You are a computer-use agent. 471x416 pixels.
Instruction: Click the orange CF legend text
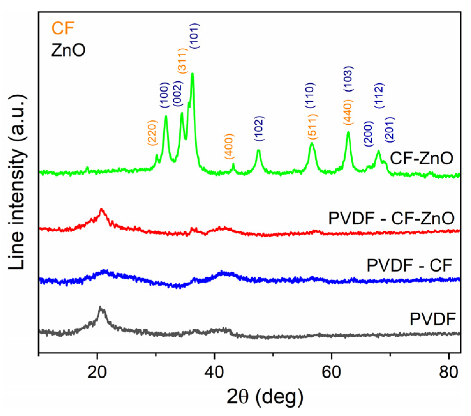click(63, 28)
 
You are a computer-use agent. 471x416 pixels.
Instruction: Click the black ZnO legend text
click(68, 50)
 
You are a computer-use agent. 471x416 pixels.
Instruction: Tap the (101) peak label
click(195, 35)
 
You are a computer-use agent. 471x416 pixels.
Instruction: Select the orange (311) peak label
click(182, 61)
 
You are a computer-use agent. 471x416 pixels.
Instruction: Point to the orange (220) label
click(152, 133)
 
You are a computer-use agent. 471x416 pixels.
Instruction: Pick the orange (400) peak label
click(229, 147)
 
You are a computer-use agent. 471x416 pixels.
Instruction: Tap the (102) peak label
click(259, 129)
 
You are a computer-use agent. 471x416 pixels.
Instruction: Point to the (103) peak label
click(348, 79)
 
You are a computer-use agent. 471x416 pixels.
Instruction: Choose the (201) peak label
click(390, 130)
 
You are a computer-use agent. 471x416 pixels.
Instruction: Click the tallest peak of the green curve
click(192, 74)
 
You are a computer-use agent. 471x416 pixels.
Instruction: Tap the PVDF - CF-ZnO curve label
click(391, 219)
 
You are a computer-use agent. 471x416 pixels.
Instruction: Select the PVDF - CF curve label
click(409, 265)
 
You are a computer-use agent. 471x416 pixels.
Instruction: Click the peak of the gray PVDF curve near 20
click(101, 308)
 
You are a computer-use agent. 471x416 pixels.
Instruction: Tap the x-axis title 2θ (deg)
click(265, 396)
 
